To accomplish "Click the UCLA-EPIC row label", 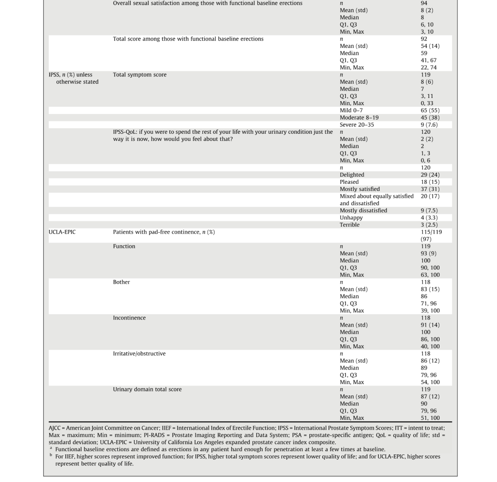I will click(x=62, y=232).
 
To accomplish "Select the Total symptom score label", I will click(x=140, y=75).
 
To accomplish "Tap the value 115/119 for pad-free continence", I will click(x=431, y=232).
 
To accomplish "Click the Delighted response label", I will click(x=352, y=175).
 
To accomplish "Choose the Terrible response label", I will click(x=349, y=225).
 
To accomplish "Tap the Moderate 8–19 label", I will click(x=359, y=118).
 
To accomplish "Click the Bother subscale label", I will click(x=121, y=282).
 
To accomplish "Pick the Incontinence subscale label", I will click(x=129, y=318).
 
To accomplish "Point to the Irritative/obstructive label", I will click(x=139, y=354).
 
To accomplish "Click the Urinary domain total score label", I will click(x=147, y=389).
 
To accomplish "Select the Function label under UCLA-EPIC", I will click(x=124, y=247).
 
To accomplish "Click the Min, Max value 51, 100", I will click(x=430, y=418).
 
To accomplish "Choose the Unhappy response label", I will click(x=351, y=218).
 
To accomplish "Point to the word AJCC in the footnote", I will click(x=56, y=428).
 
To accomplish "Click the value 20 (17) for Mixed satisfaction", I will click(x=430, y=196).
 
